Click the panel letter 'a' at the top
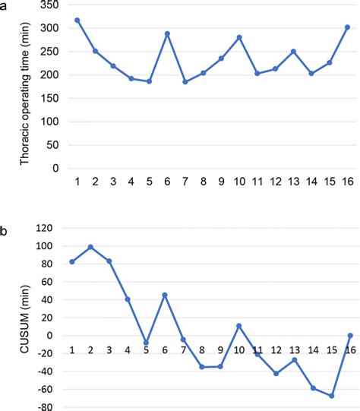pyautogui.click(x=5, y=5)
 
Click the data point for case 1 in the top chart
pyautogui.click(x=77, y=20)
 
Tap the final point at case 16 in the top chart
pyautogui.click(x=347, y=27)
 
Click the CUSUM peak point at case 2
pyautogui.click(x=90, y=247)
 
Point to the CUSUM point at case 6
pyautogui.click(x=165, y=295)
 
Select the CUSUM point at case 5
pyautogui.click(x=147, y=343)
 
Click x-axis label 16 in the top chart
pyautogui.click(x=347, y=182)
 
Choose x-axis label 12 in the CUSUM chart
pyautogui.click(x=276, y=349)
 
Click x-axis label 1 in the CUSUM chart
pyautogui.click(x=72, y=349)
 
